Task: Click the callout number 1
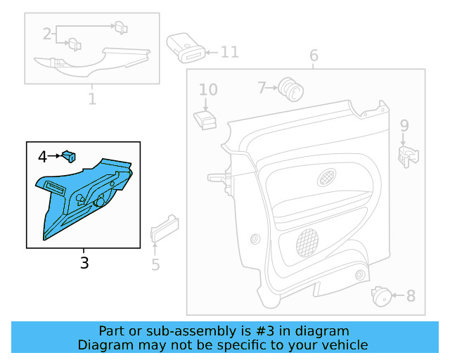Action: point(92,98)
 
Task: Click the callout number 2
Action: point(47,33)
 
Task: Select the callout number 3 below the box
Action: point(84,264)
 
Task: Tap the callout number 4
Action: point(42,157)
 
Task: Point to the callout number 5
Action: point(155,264)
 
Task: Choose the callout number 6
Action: point(314,56)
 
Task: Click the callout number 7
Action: point(262,88)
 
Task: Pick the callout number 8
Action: point(411,296)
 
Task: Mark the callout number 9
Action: point(404,126)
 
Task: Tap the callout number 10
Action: point(208,89)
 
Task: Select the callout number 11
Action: point(230,52)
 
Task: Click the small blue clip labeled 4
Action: point(69,155)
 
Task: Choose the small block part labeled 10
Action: point(205,119)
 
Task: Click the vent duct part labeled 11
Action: point(186,48)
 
